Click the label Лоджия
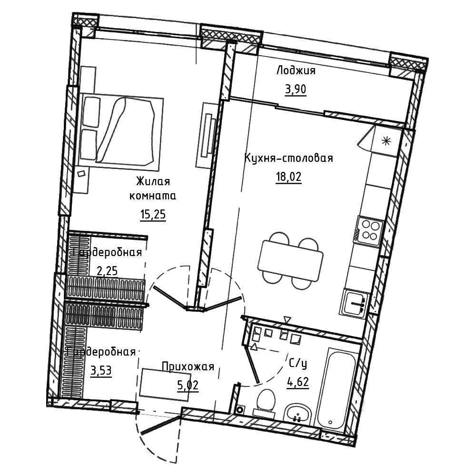296,71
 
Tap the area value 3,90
296,89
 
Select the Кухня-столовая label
289,158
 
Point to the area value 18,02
288,177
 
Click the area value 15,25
153,214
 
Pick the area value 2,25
107,270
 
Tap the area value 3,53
101,370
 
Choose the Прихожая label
188,367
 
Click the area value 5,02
188,385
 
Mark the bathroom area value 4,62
298,382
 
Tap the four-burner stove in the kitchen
368,231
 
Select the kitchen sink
354,303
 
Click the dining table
290,261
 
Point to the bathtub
335,391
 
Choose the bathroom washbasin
297,414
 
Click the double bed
121,130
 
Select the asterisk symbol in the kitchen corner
386,141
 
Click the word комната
153,196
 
